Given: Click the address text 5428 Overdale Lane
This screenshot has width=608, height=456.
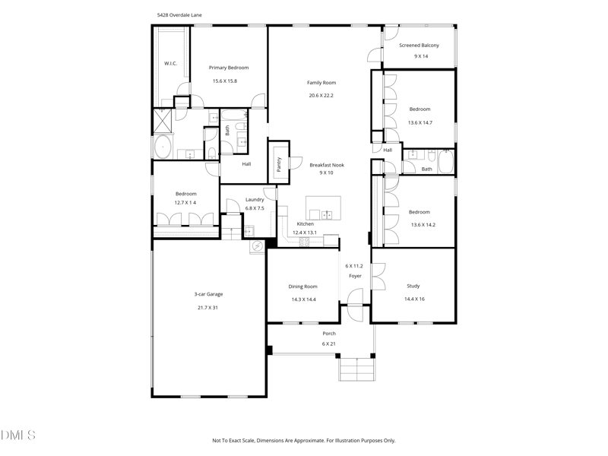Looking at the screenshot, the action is point(179,15).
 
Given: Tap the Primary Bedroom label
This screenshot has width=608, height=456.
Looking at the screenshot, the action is point(229,68).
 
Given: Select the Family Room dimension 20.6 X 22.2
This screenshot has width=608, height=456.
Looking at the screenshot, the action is point(321,96).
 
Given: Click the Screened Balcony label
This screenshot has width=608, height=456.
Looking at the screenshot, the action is point(420,46).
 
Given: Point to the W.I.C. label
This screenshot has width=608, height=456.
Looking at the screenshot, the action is point(170,63).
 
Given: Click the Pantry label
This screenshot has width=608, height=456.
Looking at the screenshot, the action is point(279,164).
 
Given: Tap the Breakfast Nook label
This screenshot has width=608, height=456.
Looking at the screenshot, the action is point(327,165).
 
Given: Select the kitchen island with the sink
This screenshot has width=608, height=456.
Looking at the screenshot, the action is point(324,207).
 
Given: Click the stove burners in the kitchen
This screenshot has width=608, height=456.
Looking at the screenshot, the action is point(305,242).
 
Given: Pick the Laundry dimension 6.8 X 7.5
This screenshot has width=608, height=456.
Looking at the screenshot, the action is point(255,208).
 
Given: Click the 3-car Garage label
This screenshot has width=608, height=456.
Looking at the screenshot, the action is point(208,294).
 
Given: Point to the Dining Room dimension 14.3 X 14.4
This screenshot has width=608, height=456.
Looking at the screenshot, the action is point(303,299).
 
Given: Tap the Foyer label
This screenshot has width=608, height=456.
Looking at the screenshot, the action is point(355,276).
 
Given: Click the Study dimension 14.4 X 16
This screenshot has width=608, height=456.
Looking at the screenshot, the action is point(414,299).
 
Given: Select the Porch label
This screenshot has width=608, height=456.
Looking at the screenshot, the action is point(329,334).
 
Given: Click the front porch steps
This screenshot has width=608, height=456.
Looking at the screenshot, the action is point(357,369).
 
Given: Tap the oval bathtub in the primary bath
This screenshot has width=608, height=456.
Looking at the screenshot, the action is point(163,147).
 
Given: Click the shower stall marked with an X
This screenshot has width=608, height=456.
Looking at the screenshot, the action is point(163,121).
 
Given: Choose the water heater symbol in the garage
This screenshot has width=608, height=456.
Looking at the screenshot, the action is point(257,246).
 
